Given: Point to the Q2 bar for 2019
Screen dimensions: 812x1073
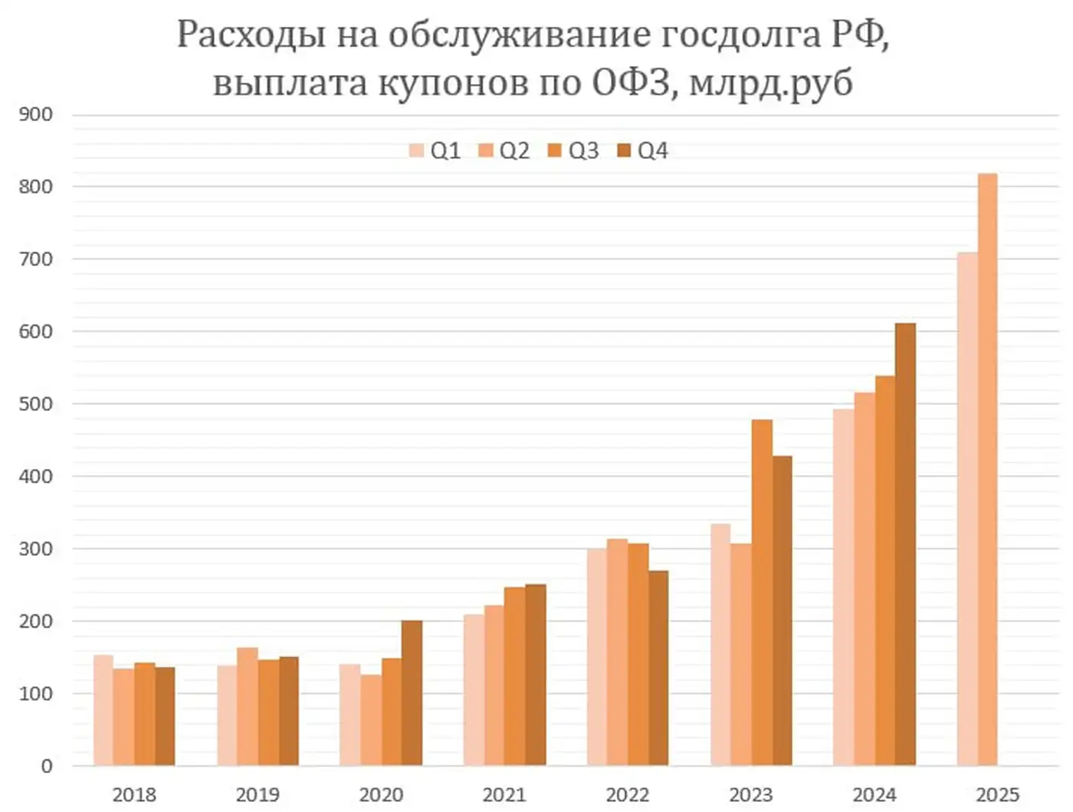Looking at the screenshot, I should [248, 706].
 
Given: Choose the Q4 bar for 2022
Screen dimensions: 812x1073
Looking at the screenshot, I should [658, 668].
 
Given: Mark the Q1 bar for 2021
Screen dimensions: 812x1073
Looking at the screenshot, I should [474, 690].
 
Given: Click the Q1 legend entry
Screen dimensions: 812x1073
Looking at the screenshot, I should [435, 151].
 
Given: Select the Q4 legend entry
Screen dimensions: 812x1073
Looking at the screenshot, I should [643, 151].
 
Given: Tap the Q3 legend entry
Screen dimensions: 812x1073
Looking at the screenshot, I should [574, 151].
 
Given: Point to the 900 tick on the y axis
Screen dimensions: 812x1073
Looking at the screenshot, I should [36, 115].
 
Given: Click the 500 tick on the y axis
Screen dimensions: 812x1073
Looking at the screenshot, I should [36, 404].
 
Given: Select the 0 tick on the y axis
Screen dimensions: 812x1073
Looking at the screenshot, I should [46, 765].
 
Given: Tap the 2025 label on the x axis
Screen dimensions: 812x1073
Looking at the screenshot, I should [997, 794].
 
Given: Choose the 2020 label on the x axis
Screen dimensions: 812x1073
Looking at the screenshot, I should [381, 794].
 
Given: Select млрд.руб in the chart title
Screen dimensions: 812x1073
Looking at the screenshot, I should [770, 83].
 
